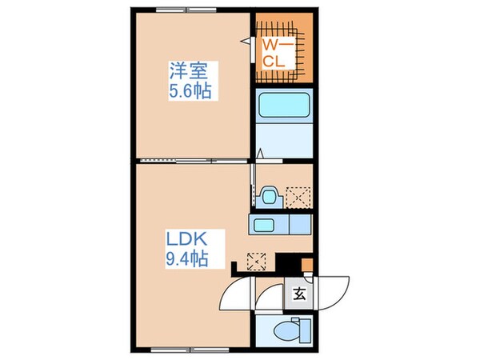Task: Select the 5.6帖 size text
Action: [190, 90]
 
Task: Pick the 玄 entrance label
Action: [298, 293]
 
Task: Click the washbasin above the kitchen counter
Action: [270, 195]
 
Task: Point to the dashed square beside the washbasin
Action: [301, 194]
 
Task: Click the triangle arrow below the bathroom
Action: [261, 154]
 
